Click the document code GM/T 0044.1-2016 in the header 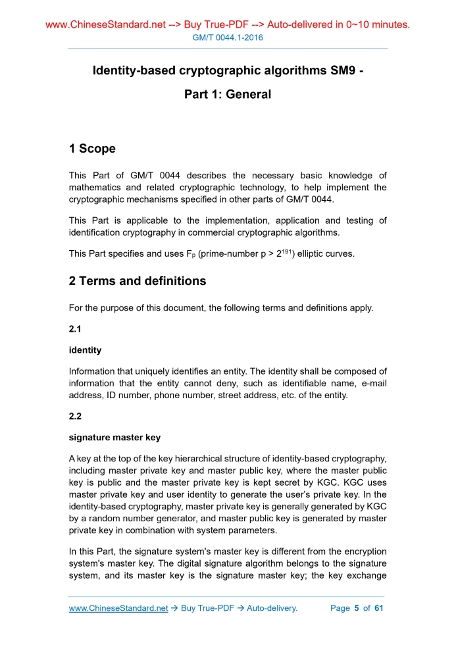(x=228, y=38)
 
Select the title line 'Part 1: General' (x=228, y=94)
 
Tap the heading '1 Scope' (x=92, y=149)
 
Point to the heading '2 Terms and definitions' (x=138, y=281)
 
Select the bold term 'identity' (x=85, y=351)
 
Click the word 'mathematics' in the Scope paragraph (x=97, y=188)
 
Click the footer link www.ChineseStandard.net (x=118, y=608)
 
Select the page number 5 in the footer (x=356, y=608)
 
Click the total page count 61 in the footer (x=378, y=608)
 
